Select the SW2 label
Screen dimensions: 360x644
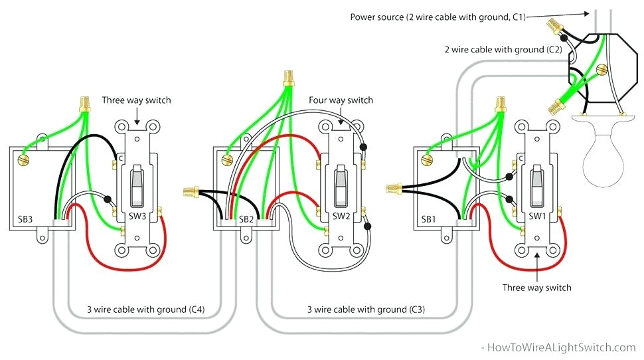[341, 217]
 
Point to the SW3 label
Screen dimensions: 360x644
[137, 217]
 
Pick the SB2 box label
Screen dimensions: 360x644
[246, 218]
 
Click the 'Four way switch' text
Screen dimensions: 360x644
[341, 100]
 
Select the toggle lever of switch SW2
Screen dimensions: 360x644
[341, 183]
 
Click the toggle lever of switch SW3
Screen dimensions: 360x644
[136, 183]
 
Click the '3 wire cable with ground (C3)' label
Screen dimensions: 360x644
[366, 310]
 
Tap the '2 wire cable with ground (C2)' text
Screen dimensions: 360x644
[503, 50]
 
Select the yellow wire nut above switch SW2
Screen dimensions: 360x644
[288, 77]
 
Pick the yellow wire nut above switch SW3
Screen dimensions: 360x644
[84, 104]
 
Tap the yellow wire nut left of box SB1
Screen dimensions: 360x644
[392, 191]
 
